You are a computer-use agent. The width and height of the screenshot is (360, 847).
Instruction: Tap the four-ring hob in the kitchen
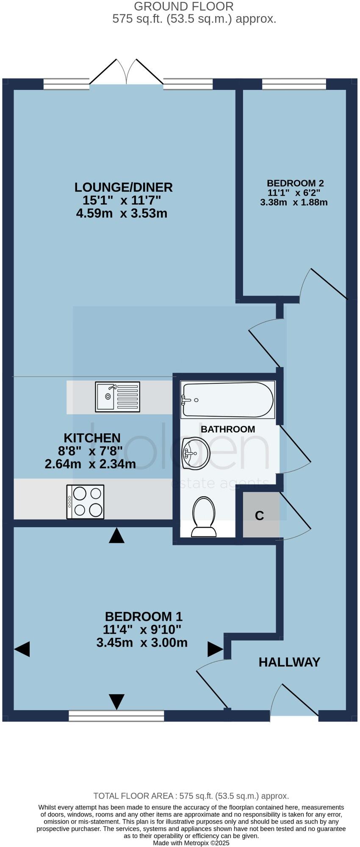(85, 501)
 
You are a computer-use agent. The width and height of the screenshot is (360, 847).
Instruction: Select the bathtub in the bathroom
(228, 399)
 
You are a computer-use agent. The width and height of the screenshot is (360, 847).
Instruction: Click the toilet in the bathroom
(204, 517)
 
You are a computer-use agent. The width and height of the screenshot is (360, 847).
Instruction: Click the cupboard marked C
(260, 515)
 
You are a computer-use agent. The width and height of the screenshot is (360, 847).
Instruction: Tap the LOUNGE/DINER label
(124, 187)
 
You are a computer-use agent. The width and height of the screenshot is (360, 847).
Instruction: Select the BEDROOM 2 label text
(295, 183)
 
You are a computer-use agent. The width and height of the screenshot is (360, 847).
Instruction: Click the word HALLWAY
(290, 662)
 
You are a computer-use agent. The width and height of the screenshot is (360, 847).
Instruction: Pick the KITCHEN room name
(92, 437)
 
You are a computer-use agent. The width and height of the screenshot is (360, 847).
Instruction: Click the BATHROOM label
(228, 429)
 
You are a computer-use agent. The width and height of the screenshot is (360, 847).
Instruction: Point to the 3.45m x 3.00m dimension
(142, 642)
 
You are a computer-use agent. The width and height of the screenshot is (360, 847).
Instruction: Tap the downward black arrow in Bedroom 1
(116, 701)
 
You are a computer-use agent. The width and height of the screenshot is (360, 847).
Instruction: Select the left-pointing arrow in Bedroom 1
(22, 649)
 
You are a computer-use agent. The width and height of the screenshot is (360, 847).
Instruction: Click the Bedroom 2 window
(294, 84)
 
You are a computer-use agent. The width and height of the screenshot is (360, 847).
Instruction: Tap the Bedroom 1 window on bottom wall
(116, 716)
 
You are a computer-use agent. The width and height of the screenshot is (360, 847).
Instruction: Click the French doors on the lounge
(126, 72)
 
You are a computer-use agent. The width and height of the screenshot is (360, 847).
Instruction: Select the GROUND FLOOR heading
(183, 6)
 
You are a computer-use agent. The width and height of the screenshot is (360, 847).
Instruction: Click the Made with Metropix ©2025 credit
(191, 843)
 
